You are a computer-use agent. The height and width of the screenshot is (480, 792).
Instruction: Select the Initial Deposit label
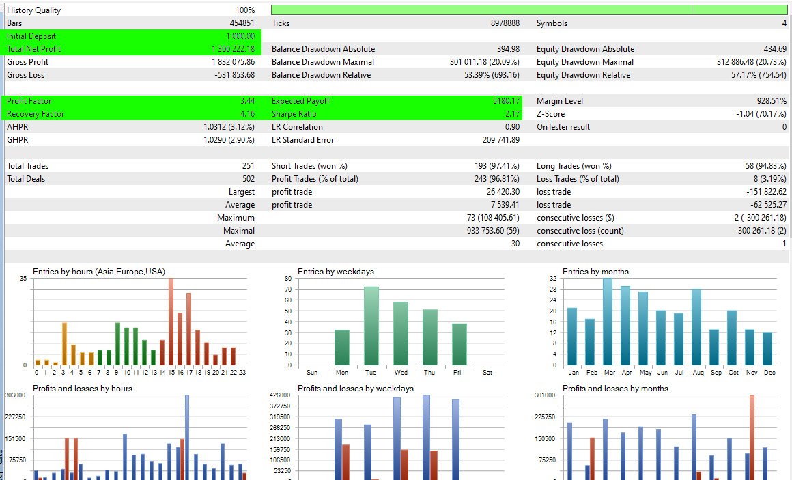pos(31,36)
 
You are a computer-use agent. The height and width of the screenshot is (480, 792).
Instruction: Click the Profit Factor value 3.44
pos(247,101)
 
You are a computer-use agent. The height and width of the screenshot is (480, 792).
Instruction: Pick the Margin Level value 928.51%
pos(767,101)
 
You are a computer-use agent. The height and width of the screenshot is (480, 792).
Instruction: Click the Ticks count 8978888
pos(505,23)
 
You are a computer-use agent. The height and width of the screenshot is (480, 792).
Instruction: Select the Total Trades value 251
pos(248,166)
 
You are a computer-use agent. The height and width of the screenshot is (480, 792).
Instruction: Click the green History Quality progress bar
pos(529,10)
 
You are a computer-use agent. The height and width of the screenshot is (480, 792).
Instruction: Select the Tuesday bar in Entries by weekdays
pos(371,326)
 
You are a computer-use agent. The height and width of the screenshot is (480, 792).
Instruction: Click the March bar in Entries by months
pos(607,321)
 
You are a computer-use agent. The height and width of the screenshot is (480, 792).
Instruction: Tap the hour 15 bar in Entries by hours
pos(171,321)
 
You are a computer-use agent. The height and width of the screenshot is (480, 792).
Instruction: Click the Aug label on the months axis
pos(696,373)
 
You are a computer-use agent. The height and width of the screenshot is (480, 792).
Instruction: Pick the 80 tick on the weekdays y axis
pos(287,279)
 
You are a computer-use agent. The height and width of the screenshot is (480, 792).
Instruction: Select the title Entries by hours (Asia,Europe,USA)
pos(99,272)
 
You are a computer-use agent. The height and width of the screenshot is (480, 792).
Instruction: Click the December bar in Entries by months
pos(768,348)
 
